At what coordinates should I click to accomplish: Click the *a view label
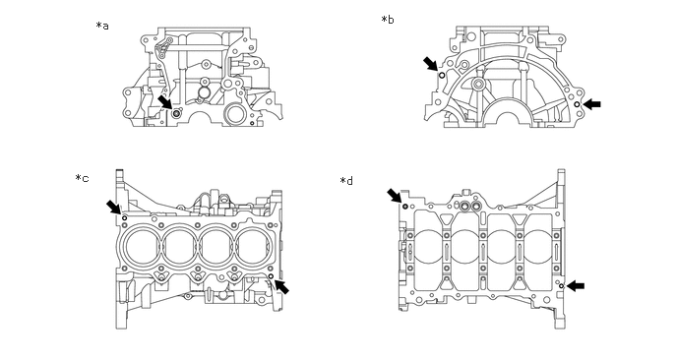(102, 26)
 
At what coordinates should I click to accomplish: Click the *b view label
(388, 20)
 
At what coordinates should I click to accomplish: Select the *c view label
(82, 178)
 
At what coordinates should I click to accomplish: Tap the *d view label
(346, 181)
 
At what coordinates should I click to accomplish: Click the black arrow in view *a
(165, 102)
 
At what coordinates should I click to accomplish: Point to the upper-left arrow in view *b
(430, 64)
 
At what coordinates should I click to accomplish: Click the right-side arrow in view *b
(592, 104)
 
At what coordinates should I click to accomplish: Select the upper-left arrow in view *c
(114, 207)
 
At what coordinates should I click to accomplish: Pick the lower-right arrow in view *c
(282, 286)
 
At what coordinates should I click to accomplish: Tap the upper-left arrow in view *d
(395, 196)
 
